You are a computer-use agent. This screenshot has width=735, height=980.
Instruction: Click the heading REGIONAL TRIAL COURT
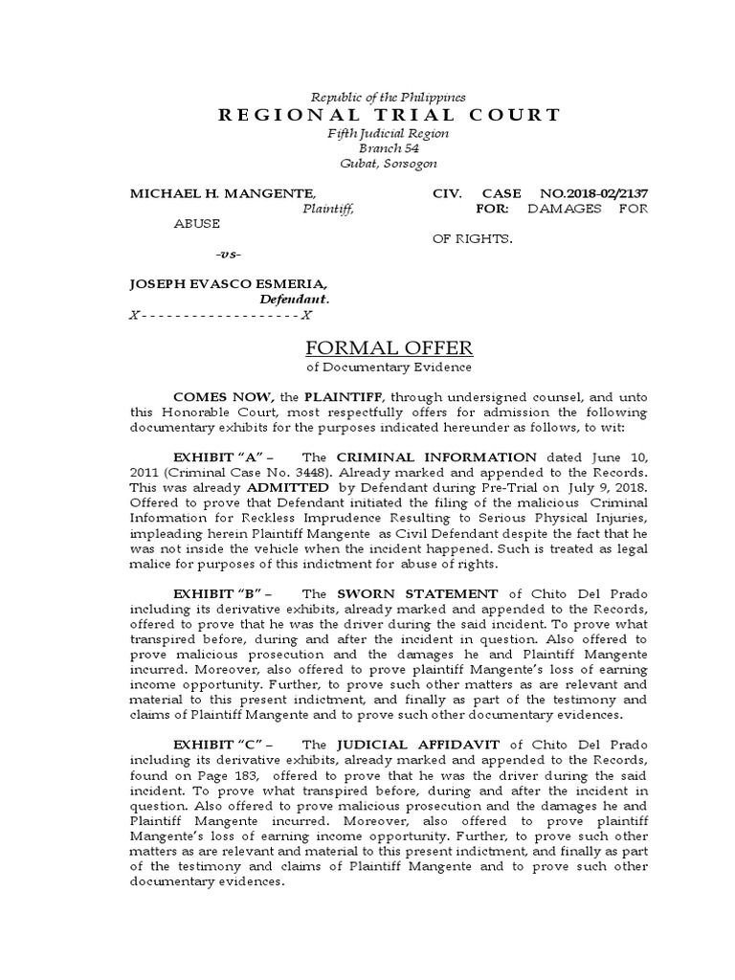coord(390,116)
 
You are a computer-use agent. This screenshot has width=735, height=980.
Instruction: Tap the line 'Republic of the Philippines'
coord(390,97)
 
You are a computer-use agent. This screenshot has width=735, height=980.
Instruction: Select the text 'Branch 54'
coord(389,148)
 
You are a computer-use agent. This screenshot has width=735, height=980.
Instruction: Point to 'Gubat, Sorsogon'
coord(389,164)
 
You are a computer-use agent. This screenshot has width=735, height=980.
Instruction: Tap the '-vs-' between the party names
coord(229,254)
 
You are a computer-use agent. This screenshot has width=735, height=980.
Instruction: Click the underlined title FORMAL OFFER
coord(389,347)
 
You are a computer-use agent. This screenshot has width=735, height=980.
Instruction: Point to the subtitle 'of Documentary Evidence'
coord(389,367)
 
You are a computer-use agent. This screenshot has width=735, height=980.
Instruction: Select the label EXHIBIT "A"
coord(222,457)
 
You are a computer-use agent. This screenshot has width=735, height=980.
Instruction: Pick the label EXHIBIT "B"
coord(222,594)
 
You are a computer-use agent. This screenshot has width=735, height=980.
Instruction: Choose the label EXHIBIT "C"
coord(222,745)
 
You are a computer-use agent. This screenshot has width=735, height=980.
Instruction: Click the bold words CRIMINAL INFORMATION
coord(435,457)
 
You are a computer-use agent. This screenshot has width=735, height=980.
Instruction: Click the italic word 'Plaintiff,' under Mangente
coord(328,208)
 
